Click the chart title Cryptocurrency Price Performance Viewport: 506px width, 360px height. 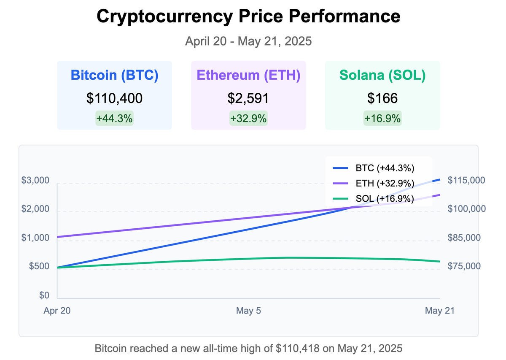coord(248,17)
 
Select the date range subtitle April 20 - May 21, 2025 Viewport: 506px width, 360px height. coord(248,42)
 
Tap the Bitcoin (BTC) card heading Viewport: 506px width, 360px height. coord(114,75)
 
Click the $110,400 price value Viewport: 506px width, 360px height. coord(114,98)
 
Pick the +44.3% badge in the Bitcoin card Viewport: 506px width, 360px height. coord(114,119)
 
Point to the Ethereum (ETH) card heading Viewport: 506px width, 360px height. coord(248,75)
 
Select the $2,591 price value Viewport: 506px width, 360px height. coord(248,98)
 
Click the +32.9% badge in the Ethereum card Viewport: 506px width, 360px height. coord(248,119)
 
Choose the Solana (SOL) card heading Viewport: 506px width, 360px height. coord(382,75)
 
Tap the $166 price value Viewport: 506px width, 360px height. coord(382,98)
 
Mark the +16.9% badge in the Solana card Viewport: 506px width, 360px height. coord(382,119)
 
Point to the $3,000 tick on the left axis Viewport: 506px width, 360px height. coord(35,181)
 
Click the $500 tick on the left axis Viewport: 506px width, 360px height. coord(39,267)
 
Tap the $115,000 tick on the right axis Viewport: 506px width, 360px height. coord(466,180)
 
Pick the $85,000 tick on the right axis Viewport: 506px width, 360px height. coord(464,238)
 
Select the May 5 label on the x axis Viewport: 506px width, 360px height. coord(248,311)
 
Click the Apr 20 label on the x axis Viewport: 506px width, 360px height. coord(57,311)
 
